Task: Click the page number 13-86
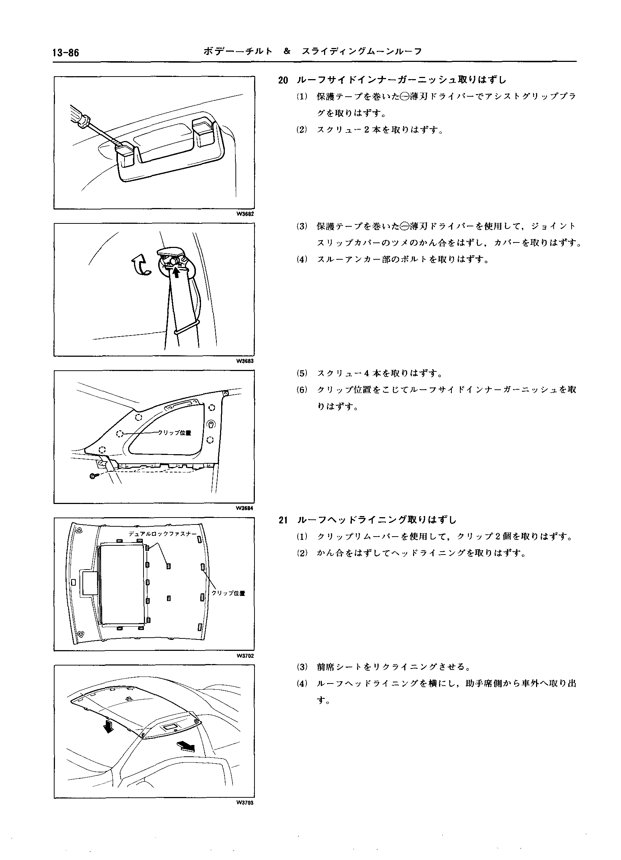click(x=66, y=53)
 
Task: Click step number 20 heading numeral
click(x=283, y=80)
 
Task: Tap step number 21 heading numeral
click(x=283, y=520)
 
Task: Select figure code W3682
click(x=245, y=214)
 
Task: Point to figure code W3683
click(x=245, y=361)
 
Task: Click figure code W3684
click(x=245, y=508)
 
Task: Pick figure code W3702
click(x=245, y=656)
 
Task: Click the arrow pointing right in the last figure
click(x=186, y=746)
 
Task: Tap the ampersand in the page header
click(x=287, y=52)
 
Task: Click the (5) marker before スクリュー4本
click(x=302, y=374)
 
